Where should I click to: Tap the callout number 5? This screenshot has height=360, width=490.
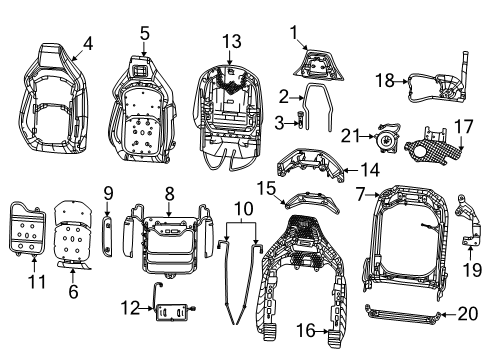[x=145, y=33]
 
